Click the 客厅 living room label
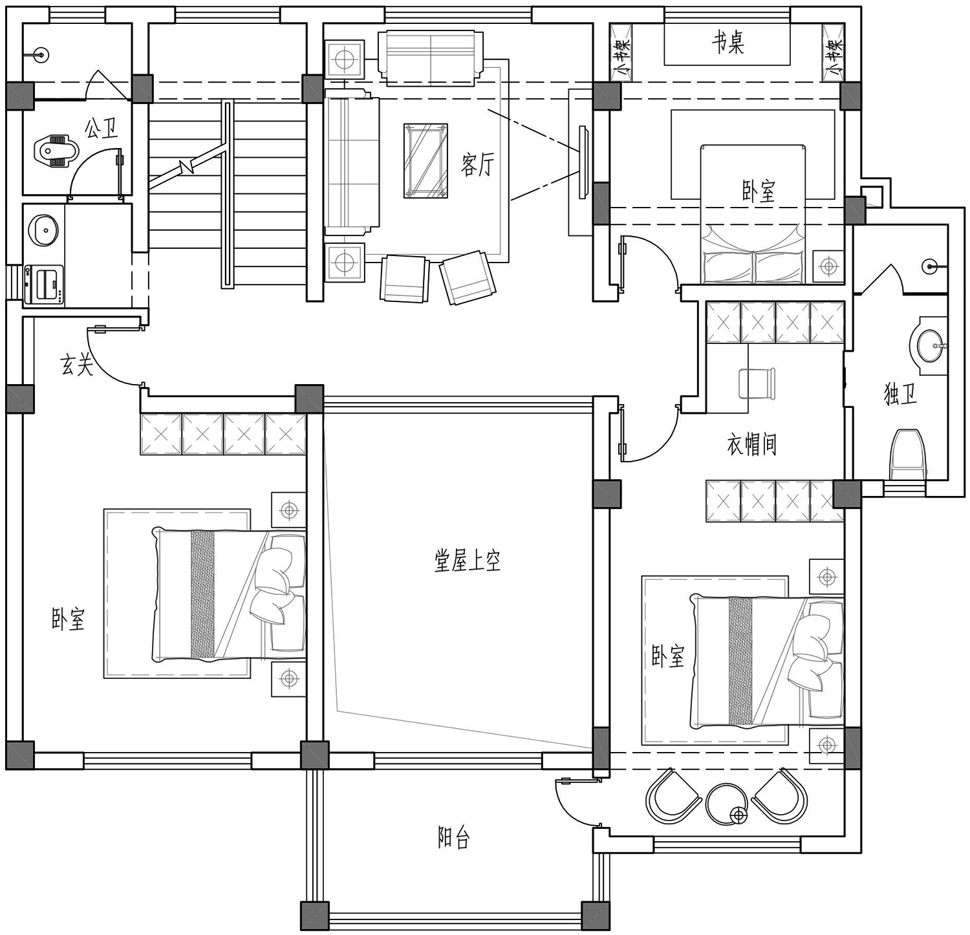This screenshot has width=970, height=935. point(477,165)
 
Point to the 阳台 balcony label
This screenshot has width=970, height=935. point(453,838)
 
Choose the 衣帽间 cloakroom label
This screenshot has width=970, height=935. point(751,444)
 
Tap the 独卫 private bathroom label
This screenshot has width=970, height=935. point(900,394)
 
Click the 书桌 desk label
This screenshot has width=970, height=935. point(727,43)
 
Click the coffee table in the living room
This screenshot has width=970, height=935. point(426,160)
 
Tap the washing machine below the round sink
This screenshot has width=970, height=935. point(44,285)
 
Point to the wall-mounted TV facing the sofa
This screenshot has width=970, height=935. point(583,162)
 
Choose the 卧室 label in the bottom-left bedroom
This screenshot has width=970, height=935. point(69,619)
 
